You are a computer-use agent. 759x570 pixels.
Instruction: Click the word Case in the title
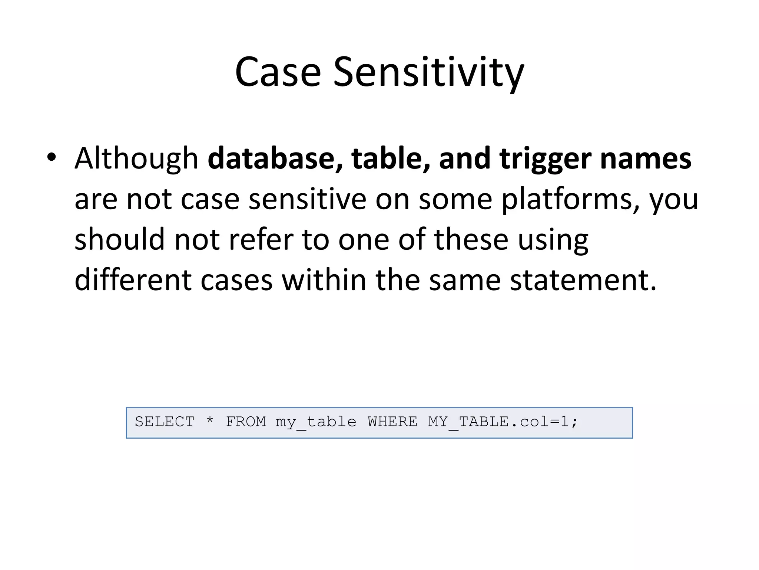tap(278, 72)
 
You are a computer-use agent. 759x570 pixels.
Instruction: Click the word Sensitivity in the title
tap(428, 72)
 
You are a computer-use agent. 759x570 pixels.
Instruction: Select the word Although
tap(136, 158)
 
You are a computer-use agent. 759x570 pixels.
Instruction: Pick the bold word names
tap(646, 158)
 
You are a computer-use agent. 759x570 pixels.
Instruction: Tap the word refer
tap(261, 240)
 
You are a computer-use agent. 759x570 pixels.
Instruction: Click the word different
tap(133, 280)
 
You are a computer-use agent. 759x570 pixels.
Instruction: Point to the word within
tap(324, 280)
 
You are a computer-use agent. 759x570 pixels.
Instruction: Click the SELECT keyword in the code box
tap(165, 422)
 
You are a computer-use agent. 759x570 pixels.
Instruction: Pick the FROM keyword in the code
tap(246, 422)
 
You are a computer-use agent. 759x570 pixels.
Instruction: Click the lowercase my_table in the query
tap(316, 422)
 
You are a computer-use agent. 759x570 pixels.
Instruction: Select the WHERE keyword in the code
tap(392, 422)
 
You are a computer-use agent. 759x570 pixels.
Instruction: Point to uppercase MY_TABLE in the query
tap(468, 422)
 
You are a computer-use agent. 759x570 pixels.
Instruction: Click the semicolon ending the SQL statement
tap(574, 422)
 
